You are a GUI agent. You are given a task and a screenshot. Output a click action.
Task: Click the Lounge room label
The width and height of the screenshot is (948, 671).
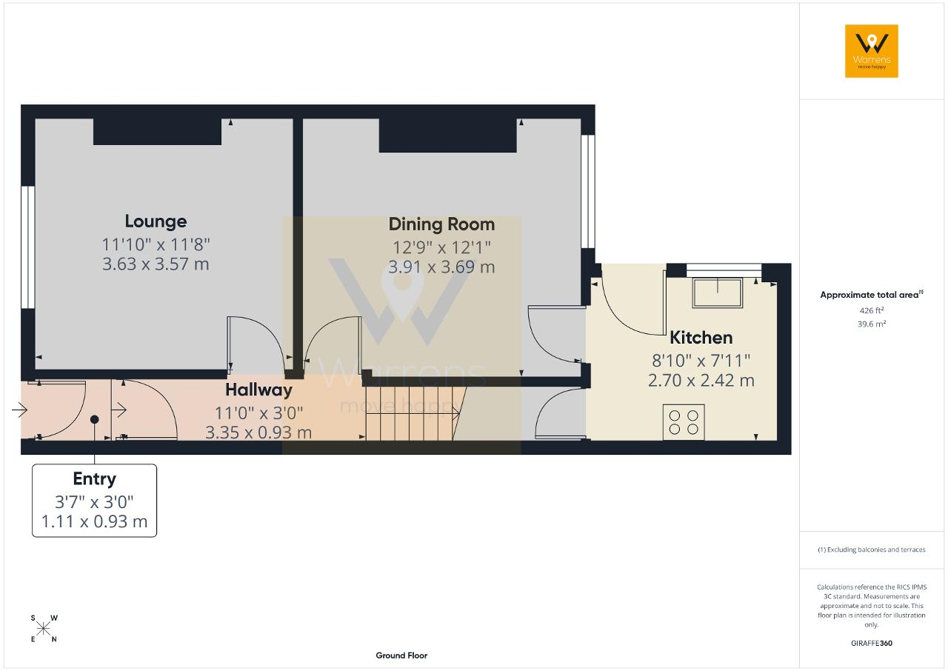[156, 221]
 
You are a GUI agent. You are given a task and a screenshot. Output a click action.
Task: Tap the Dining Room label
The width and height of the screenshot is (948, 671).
[441, 224]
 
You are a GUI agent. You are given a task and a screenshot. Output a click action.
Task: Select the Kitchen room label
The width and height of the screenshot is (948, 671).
[701, 338]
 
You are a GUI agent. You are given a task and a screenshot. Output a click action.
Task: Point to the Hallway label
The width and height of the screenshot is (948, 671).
[258, 390]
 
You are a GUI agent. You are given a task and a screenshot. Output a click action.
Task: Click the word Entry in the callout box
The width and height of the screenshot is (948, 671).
[94, 479]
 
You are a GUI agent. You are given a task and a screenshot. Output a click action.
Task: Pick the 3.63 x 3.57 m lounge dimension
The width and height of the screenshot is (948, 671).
[156, 264]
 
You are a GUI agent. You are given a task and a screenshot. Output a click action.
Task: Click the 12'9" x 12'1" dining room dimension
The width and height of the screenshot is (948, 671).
[441, 247]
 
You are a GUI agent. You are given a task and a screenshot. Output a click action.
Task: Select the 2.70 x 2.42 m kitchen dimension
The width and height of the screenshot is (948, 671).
[701, 381]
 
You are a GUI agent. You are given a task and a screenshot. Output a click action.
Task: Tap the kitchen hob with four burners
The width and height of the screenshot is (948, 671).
[684, 422]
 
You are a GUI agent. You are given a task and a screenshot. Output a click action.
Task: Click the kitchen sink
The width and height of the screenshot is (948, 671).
[718, 293]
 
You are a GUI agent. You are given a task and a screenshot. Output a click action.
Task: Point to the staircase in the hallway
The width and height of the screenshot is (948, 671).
[415, 414]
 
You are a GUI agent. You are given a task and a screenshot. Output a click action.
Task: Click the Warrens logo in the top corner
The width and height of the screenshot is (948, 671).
[872, 51]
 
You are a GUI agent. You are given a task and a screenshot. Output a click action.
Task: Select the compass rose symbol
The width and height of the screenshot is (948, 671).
[44, 629]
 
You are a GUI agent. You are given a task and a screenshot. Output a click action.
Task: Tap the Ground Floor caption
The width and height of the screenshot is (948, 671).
[401, 655]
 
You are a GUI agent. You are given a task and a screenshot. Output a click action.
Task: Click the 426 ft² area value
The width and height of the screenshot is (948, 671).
[872, 310]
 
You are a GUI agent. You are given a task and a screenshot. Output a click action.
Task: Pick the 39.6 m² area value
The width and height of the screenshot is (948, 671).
[872, 324]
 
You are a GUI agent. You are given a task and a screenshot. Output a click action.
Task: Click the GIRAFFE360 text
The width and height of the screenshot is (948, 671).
[872, 643]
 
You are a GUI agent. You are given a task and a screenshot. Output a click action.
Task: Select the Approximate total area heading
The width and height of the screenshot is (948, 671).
[872, 295]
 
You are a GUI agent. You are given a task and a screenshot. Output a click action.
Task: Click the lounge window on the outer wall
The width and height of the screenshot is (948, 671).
[28, 247]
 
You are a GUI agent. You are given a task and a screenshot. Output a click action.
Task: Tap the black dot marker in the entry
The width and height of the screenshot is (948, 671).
[94, 419]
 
